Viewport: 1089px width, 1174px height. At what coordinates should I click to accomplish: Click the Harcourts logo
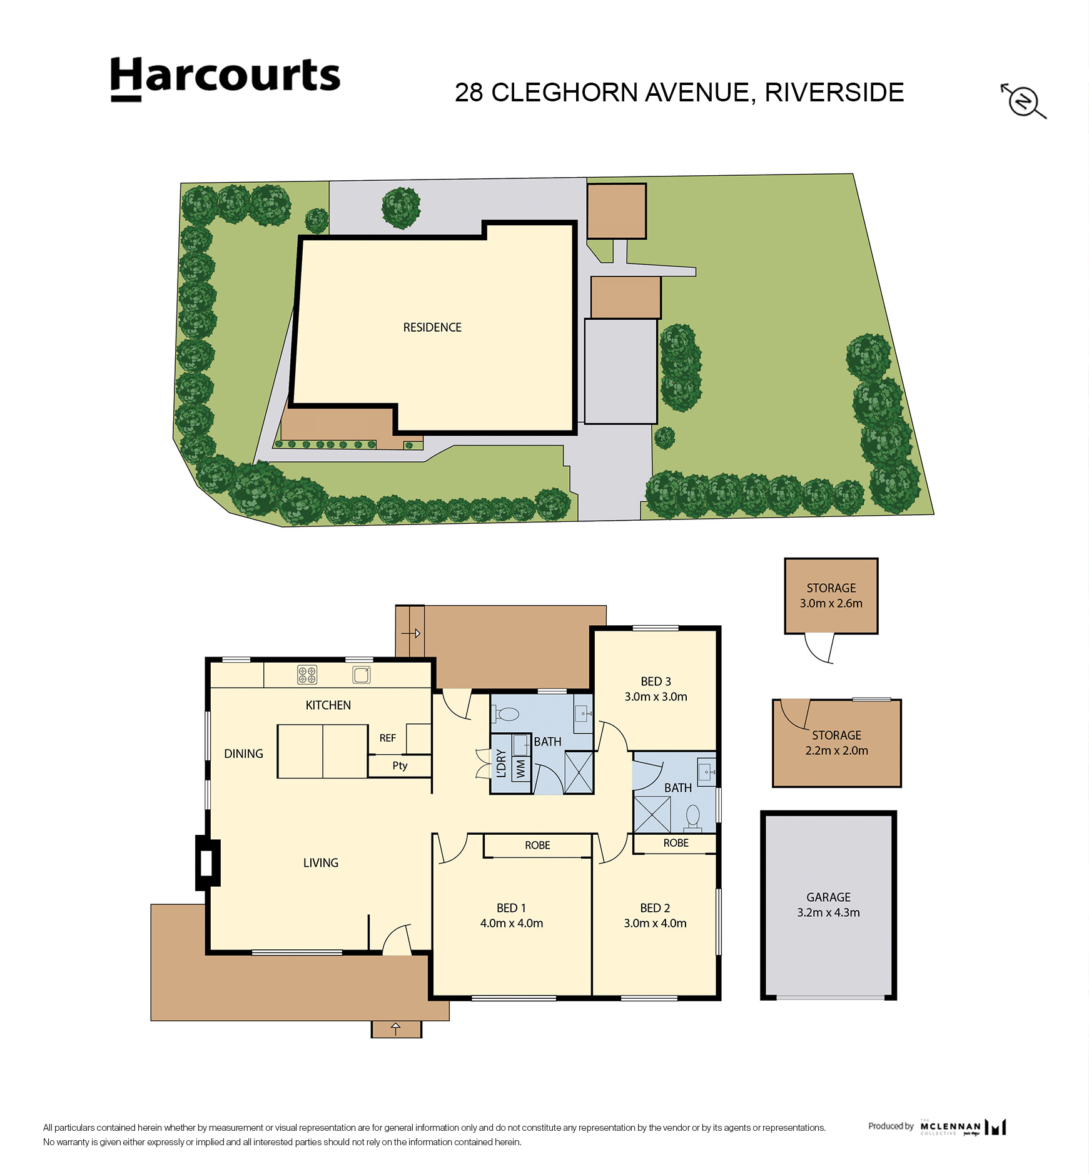click(x=225, y=78)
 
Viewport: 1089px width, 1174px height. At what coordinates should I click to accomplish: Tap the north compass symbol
click(x=1023, y=101)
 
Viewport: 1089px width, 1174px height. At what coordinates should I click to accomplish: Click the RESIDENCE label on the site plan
click(x=432, y=327)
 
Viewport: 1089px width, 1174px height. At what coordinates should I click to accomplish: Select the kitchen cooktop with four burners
click(x=306, y=675)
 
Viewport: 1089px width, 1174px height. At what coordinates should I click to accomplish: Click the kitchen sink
click(x=362, y=675)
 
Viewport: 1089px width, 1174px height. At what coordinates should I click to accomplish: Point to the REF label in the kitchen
click(x=387, y=738)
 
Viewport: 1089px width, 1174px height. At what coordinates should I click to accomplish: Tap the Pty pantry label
click(x=400, y=766)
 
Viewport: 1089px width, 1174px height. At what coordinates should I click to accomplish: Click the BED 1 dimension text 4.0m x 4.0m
click(x=512, y=923)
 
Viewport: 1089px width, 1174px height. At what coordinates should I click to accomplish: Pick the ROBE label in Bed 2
click(x=676, y=844)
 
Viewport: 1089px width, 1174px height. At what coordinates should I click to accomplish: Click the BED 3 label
click(x=656, y=681)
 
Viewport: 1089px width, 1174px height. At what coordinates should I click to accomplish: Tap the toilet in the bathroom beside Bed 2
click(x=693, y=817)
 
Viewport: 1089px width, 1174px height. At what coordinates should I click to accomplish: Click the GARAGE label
click(x=828, y=897)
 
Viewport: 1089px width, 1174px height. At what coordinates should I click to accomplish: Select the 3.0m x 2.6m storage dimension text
click(x=831, y=604)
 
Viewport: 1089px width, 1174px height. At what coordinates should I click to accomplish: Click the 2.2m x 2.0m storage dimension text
click(x=836, y=751)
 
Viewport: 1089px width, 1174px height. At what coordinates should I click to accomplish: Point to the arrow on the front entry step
click(x=395, y=1029)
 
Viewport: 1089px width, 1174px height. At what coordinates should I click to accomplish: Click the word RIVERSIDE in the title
click(x=834, y=93)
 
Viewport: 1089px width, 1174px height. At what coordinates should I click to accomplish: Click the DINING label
click(x=243, y=754)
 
